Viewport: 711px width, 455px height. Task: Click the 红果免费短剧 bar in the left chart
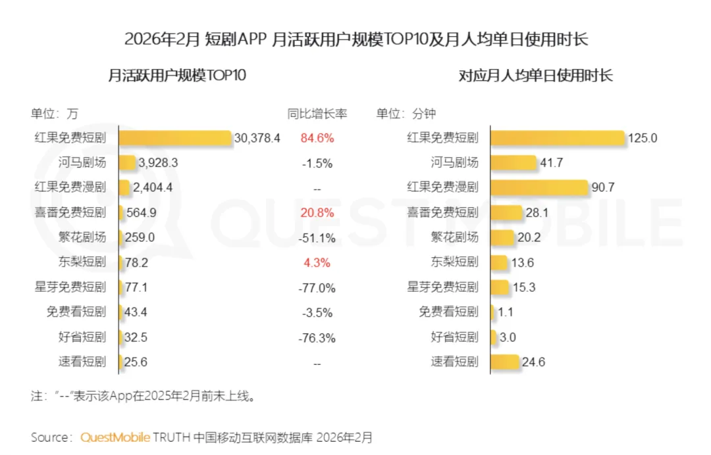coord(174,138)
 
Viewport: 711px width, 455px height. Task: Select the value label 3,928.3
coord(157,163)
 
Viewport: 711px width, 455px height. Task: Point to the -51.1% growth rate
coord(317,237)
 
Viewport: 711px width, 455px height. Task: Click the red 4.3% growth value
coord(317,262)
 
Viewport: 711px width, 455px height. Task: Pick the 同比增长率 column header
coord(317,113)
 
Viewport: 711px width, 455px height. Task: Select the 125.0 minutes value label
coord(643,138)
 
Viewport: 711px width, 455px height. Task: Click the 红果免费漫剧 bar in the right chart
coord(539,187)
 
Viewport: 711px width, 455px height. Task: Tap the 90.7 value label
coord(603,187)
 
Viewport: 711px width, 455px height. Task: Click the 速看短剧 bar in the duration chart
coord(504,362)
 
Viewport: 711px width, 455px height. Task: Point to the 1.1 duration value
coord(506,312)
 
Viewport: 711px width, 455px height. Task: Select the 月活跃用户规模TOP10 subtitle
coord(177,75)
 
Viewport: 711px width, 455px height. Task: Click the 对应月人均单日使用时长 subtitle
coord(535,75)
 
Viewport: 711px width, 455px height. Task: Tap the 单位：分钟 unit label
coord(406,113)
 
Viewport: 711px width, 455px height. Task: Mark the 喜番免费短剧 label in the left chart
coord(70,212)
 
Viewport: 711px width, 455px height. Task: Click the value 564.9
coord(141,212)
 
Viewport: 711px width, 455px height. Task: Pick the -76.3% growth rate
coord(317,338)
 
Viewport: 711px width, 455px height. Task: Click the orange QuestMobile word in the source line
coord(115,437)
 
